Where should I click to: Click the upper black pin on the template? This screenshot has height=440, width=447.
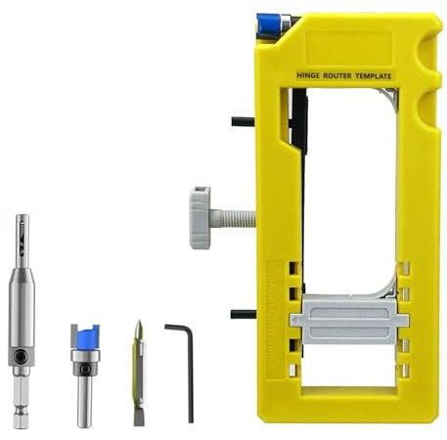[x=244, y=122]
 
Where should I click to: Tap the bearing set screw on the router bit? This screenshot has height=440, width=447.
[x=86, y=370]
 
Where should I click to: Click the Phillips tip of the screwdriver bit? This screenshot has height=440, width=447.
[x=138, y=330]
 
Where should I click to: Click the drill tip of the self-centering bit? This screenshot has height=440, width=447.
[x=22, y=230]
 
